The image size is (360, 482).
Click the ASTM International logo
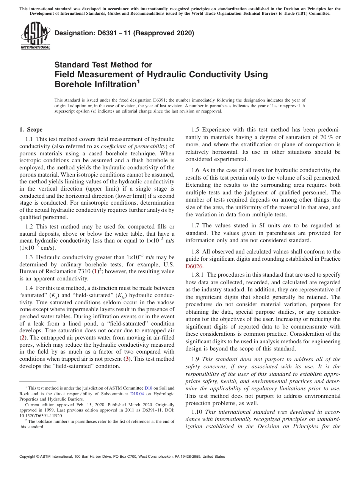tap(35, 36)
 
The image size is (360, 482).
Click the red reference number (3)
tap(128, 359)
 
